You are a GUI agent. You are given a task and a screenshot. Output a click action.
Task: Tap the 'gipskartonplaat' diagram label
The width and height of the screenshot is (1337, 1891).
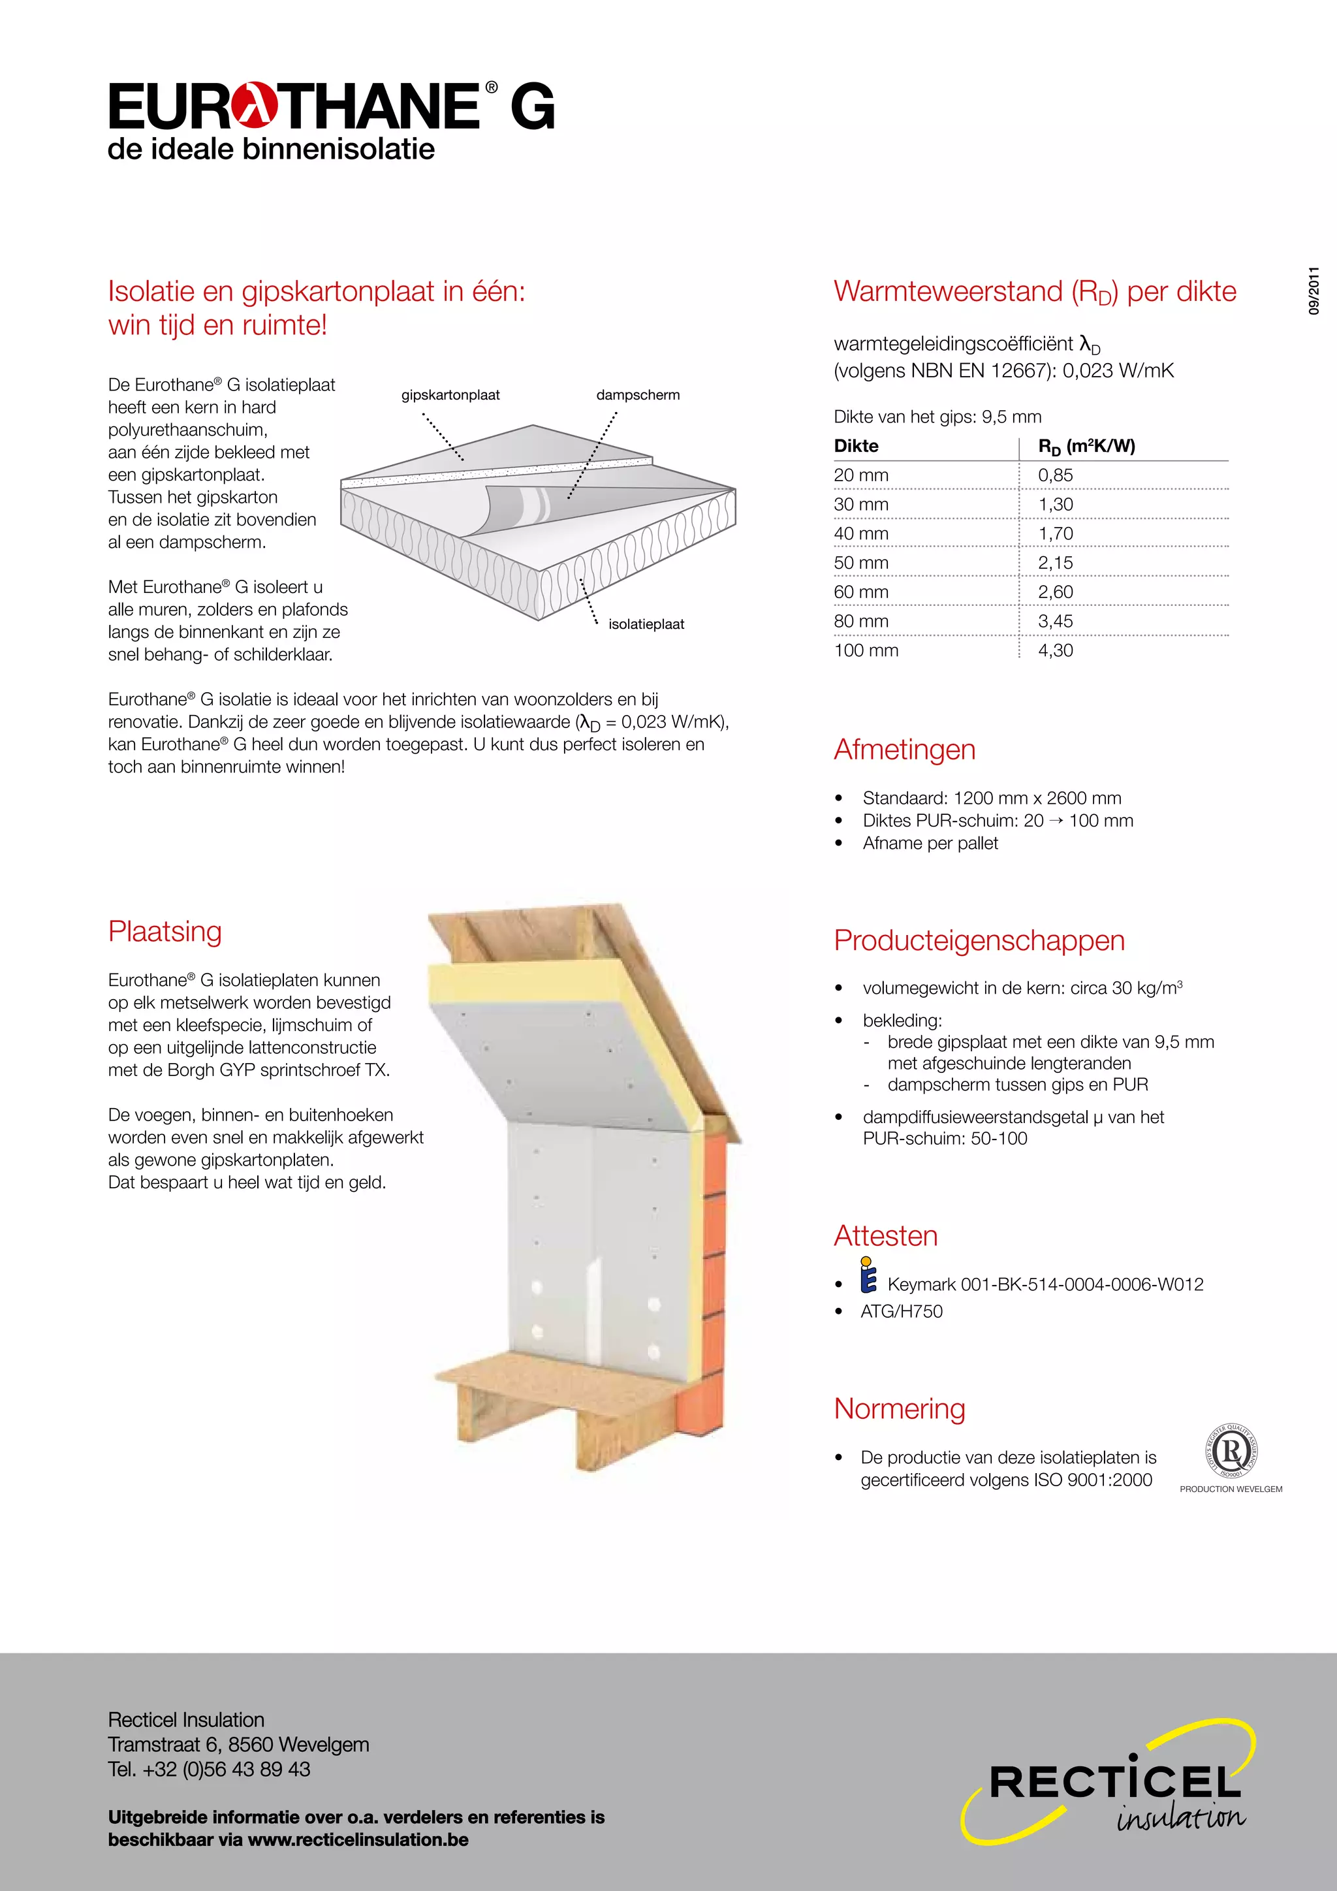point(450,395)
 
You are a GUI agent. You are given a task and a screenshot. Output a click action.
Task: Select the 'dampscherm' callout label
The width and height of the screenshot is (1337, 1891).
point(638,395)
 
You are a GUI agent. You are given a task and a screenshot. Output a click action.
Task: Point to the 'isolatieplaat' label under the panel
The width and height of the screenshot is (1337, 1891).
point(646,624)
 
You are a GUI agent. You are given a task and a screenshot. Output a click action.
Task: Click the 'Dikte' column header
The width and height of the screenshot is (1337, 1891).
point(857,447)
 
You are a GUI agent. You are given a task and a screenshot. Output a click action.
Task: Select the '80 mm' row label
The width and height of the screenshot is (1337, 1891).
point(861,622)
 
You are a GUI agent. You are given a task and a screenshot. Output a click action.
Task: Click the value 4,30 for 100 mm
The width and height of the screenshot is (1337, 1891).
point(1056,650)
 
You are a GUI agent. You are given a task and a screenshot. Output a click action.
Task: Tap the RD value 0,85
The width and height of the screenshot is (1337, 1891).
point(1056,475)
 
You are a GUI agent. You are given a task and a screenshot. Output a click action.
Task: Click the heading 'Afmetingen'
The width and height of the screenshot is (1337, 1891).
point(905,750)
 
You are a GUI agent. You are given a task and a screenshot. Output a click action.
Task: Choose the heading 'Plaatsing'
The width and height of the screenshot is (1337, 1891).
point(165,932)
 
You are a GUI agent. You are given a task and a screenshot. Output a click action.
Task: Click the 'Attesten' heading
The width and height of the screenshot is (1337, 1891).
point(886,1235)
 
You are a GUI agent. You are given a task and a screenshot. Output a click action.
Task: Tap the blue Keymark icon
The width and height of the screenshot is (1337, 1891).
point(868,1276)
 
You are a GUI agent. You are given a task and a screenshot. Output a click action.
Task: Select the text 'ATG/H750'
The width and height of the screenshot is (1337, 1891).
point(902,1311)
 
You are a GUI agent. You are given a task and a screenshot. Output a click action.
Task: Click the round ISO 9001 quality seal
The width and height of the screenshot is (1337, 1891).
point(1231,1451)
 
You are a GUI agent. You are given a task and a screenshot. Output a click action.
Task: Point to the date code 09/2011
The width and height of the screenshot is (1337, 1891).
point(1314,291)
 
